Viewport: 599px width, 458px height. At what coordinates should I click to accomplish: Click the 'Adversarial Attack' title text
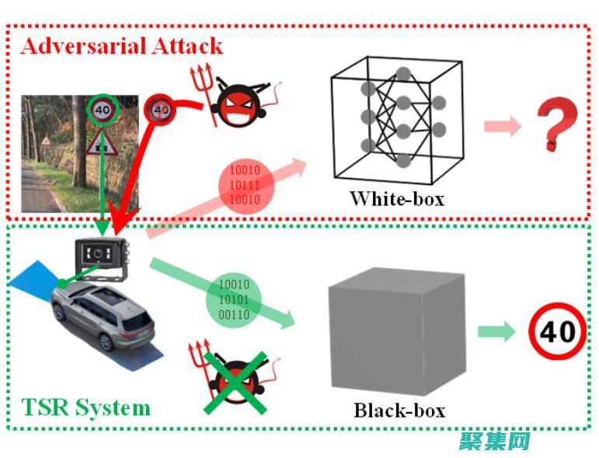[x=122, y=46]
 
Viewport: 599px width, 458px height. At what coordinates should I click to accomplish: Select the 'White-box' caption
[x=396, y=198]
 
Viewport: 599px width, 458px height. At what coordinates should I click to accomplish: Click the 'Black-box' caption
[x=399, y=409]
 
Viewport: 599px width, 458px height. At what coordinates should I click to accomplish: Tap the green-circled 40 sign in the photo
[x=102, y=111]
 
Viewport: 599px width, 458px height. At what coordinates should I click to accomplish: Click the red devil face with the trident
[x=233, y=103]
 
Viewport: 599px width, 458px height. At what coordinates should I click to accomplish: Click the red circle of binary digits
[x=244, y=184]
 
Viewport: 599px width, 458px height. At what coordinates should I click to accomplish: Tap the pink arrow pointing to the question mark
[x=502, y=127]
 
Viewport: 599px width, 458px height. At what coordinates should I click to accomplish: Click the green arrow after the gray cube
[x=496, y=332]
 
